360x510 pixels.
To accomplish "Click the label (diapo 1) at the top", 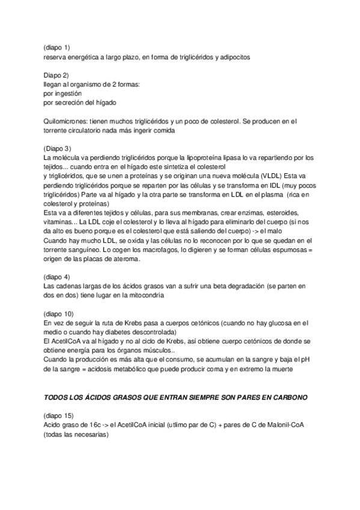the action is point(56,47).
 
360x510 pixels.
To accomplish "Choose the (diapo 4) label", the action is point(57,277).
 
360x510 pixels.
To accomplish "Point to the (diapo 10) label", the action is point(59,313).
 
